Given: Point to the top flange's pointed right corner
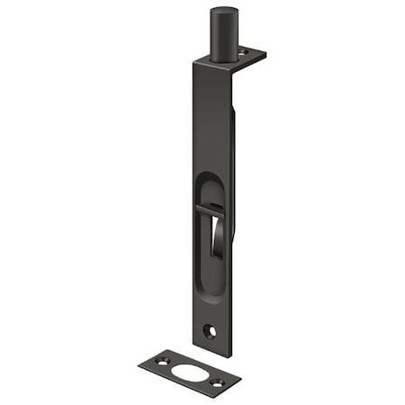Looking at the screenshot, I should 265,56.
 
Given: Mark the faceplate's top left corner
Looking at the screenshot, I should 192,62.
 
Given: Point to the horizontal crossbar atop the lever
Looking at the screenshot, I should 210,210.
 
